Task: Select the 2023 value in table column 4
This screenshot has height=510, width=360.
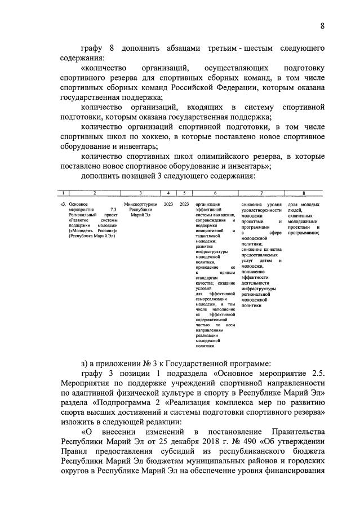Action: tap(168, 204)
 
